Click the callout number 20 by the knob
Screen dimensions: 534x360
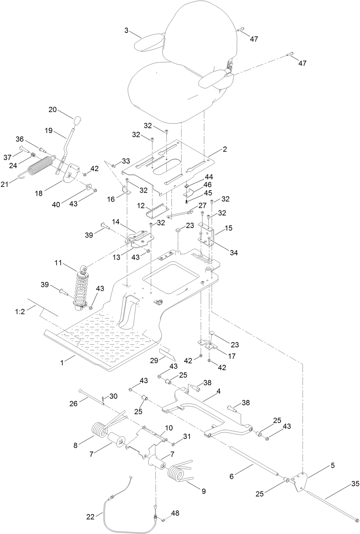click(x=53, y=110)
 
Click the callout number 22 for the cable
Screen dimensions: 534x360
click(x=90, y=516)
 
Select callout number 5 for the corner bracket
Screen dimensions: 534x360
click(x=332, y=465)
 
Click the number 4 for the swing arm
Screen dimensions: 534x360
click(x=219, y=392)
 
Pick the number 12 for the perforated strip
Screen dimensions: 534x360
click(x=140, y=206)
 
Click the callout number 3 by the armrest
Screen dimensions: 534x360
click(x=127, y=31)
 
